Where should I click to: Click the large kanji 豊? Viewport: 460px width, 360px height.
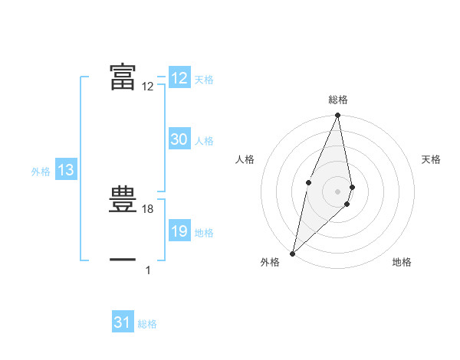coord(123,200)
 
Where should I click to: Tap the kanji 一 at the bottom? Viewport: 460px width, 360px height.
coord(123,260)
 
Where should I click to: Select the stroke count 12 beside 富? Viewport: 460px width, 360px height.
coord(148,87)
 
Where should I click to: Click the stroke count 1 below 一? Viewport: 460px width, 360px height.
coord(148,270)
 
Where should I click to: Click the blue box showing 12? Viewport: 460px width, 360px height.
coord(179,78)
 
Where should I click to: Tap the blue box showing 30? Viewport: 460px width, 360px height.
coord(179,139)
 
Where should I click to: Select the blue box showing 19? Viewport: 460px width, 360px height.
coord(179,231)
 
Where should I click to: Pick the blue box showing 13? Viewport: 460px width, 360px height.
coord(65,171)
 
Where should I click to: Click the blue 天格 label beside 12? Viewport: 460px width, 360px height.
coord(204,80)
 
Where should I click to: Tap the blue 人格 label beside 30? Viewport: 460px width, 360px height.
coord(204,141)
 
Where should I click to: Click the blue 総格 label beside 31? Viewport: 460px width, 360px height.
coord(147,324)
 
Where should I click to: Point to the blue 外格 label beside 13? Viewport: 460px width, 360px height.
coord(41,172)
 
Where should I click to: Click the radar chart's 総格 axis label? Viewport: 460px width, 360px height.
coord(337,100)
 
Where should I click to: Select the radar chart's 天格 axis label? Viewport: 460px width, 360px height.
coord(431,159)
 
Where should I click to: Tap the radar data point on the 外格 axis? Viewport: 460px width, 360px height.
coord(292,253)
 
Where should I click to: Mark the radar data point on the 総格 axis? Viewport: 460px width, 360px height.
coord(337,116)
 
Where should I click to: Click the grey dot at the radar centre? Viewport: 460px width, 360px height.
coord(337,191)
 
